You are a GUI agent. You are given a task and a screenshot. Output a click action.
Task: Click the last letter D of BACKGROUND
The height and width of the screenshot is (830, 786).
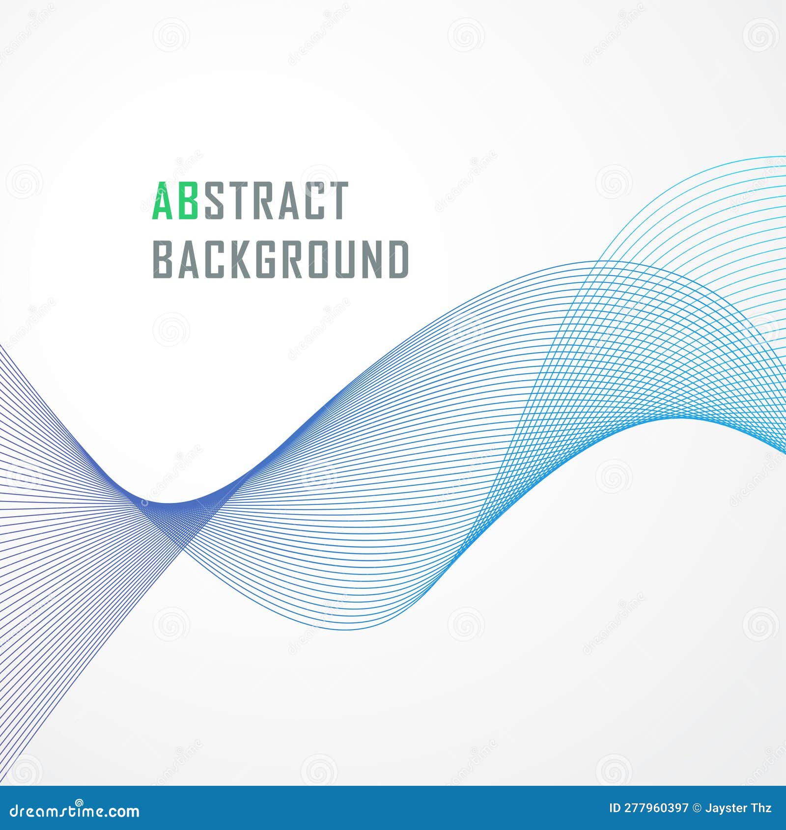pos(398,259)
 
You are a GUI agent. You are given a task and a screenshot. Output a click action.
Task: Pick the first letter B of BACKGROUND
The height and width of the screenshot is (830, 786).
pos(163,259)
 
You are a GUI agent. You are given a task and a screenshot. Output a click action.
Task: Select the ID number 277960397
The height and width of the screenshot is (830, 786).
pos(655,808)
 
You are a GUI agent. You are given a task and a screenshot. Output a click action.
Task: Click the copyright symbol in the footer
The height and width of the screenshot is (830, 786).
pos(696,808)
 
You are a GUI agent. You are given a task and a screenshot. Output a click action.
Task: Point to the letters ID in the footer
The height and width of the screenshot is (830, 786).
pos(614,808)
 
